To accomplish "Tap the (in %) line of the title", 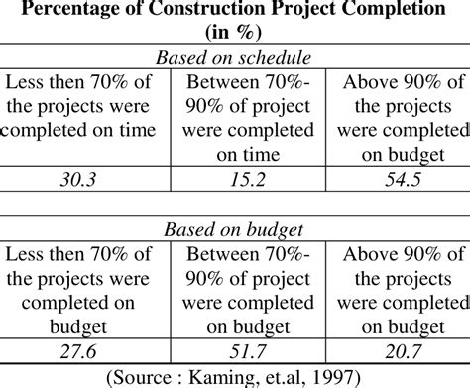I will click(x=235, y=35).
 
